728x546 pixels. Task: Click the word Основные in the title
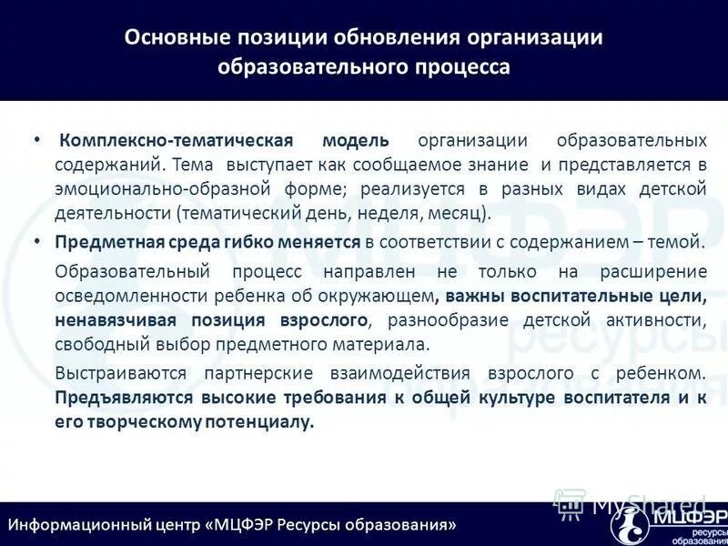point(168,37)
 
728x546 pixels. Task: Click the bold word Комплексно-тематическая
point(176,141)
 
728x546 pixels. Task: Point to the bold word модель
point(356,141)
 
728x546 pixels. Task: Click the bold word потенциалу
point(264,422)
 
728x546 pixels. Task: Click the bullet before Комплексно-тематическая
point(36,141)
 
